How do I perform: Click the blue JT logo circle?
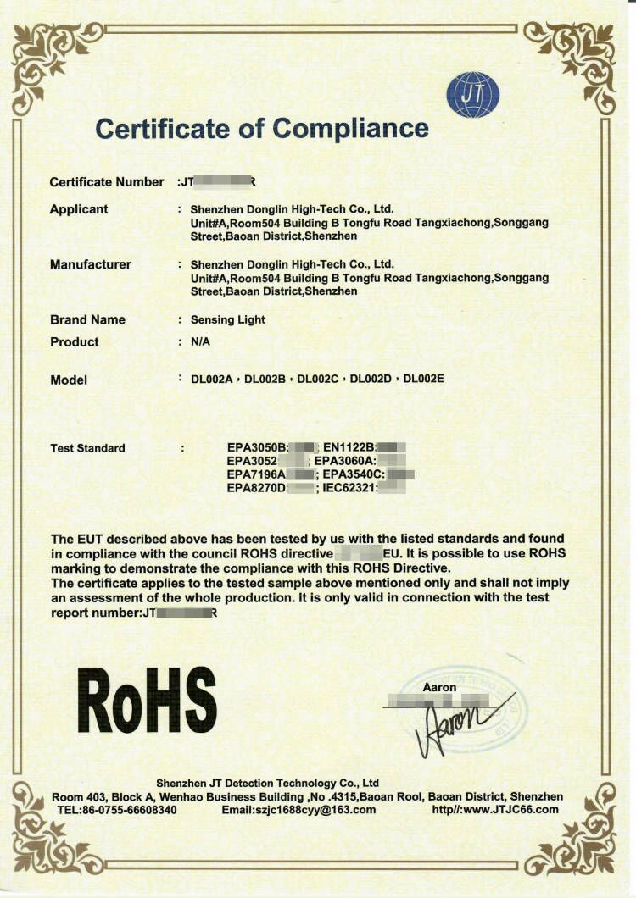point(473,95)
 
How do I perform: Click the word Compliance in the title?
point(351,128)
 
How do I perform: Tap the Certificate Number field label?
point(106,182)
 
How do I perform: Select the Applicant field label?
point(79,209)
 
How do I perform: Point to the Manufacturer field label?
point(91,264)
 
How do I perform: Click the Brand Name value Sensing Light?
point(227,319)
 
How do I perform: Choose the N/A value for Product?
point(200,342)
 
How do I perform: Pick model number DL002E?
point(423,379)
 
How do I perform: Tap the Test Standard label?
point(87,448)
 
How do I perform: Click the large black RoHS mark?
point(147,700)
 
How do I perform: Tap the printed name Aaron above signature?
point(439,687)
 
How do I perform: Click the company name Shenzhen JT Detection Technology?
point(268,783)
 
